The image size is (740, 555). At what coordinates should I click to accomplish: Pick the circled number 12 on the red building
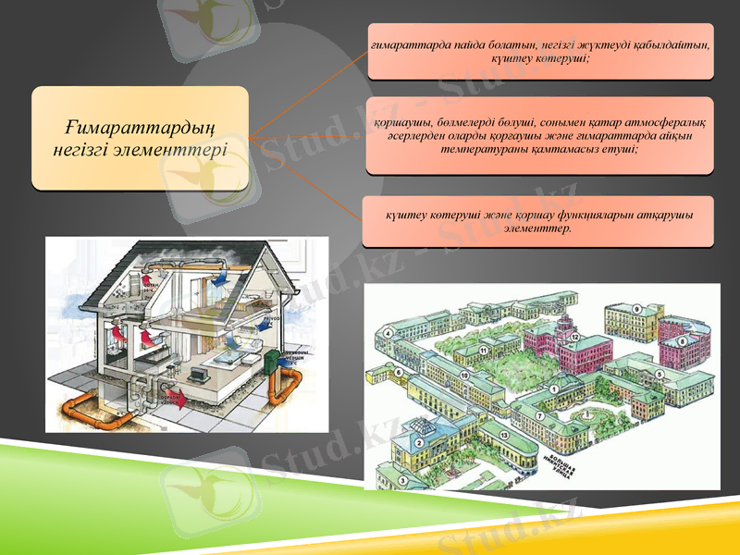pos(574,339)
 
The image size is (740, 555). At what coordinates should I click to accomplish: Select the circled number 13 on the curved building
pos(504,434)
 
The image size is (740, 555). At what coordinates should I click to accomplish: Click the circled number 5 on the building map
pos(659,373)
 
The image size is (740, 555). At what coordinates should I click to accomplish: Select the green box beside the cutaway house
pos(272,364)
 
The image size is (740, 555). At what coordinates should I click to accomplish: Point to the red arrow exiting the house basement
pos(181,399)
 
